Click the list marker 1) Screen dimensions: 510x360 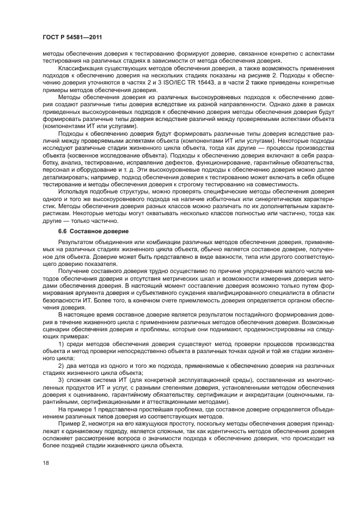62,344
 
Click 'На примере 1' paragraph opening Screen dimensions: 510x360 81,409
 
